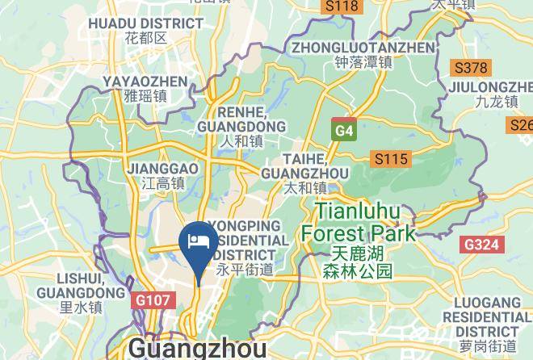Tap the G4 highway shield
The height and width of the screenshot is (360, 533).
[x=344, y=130]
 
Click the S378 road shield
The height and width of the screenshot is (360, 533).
[x=470, y=68]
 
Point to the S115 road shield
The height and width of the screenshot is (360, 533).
[x=388, y=159]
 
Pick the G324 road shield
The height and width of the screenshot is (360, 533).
[x=482, y=244]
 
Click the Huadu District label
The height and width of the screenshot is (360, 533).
[x=146, y=30]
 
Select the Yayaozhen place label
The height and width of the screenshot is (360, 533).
[x=145, y=88]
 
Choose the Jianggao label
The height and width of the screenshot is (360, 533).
[x=163, y=175]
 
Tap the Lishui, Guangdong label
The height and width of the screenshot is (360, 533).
[x=81, y=291]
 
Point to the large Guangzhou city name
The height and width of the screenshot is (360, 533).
[x=198, y=349]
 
